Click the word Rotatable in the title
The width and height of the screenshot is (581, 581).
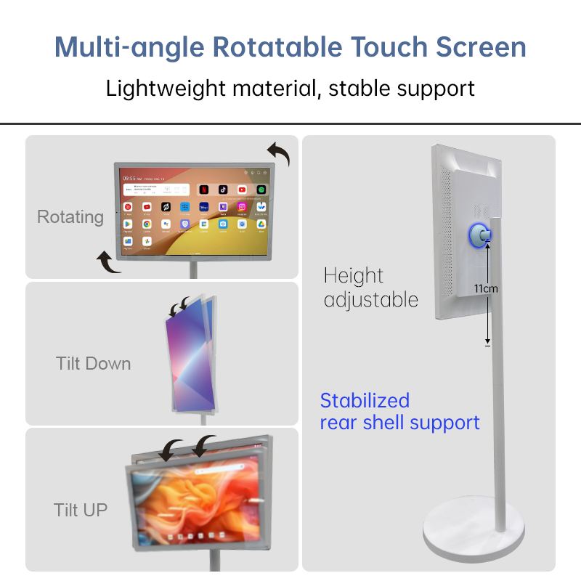point(277,47)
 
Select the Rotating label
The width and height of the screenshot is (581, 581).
point(70,216)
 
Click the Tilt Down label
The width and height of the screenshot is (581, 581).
point(94,363)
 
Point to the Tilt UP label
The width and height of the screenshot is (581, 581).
point(81,509)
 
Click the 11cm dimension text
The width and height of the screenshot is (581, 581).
point(486,288)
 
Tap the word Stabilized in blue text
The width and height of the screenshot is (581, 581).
point(365,400)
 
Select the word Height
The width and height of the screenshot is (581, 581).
point(354,276)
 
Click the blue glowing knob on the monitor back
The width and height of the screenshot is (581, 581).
point(479,234)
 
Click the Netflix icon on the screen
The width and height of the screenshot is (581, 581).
point(204,190)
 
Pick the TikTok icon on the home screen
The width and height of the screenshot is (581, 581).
point(223,190)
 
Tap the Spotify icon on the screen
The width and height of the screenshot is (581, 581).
point(261,190)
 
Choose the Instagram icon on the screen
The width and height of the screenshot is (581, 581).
point(242,208)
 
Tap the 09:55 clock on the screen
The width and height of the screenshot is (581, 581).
point(131,177)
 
